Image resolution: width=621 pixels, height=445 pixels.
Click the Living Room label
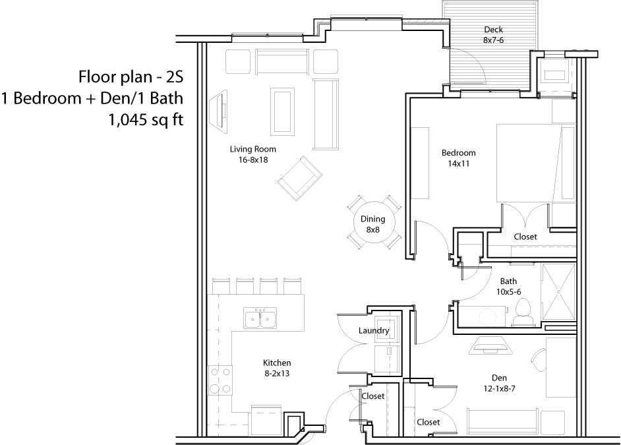252,149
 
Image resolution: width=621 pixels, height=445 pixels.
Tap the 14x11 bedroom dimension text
459,163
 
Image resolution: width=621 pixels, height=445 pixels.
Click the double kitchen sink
260,318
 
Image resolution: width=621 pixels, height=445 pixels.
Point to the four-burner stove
220,380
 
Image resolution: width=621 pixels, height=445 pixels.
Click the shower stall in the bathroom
558,291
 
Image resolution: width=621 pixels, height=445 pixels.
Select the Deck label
494,29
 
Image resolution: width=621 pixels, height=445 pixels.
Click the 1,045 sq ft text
146,119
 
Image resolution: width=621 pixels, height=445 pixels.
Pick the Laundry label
374,330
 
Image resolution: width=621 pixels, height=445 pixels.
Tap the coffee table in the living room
282,111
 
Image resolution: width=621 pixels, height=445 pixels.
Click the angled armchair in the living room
300,178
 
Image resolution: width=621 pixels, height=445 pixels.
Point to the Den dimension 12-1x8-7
499,389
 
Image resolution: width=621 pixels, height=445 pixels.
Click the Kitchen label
277,363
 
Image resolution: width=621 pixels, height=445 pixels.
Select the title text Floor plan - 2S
131,77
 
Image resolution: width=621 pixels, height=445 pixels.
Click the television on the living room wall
220,109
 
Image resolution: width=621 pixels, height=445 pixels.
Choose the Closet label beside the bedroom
525,237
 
